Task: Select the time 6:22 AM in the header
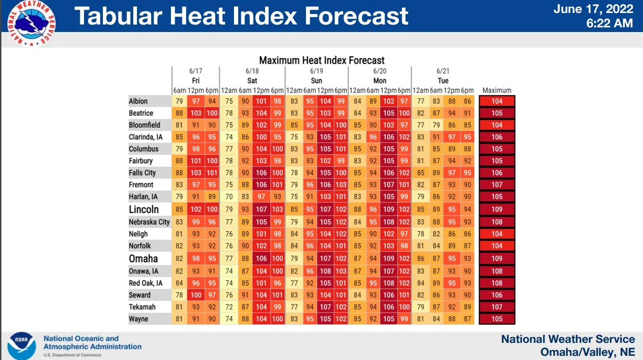(x=610, y=23)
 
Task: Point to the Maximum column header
(x=497, y=90)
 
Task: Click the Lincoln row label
(x=144, y=209)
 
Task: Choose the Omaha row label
(x=143, y=258)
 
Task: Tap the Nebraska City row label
(x=149, y=222)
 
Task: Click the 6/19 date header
(x=316, y=71)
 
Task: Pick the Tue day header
(x=443, y=81)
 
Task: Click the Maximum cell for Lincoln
(x=497, y=210)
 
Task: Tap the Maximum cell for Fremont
(x=497, y=185)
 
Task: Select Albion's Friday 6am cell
(x=179, y=101)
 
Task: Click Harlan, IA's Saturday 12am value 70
(x=229, y=197)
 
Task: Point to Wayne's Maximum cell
(x=497, y=319)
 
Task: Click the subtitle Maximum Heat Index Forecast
(x=322, y=60)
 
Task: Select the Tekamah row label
(x=142, y=307)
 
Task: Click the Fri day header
(x=195, y=81)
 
